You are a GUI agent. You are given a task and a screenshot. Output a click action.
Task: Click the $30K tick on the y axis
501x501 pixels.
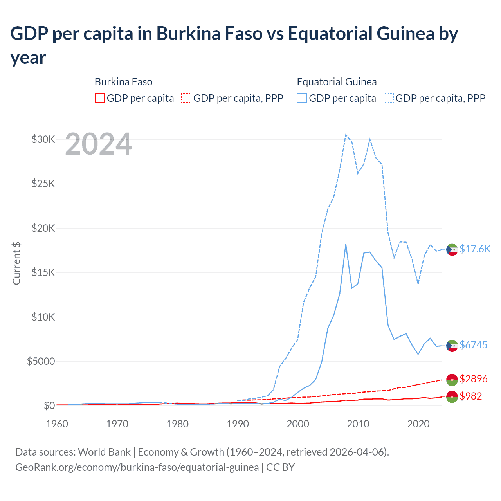pos(43,139)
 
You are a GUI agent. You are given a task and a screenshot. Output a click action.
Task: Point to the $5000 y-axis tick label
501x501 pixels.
pos(41,361)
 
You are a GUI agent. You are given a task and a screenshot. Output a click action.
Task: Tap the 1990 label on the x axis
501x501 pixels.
pos(238,424)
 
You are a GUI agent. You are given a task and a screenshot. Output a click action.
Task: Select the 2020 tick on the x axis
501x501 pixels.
pos(418,424)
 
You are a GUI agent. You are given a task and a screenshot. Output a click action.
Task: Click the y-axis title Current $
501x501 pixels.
pos(16,263)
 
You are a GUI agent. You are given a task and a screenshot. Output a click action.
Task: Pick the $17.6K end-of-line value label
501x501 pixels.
pos(475,249)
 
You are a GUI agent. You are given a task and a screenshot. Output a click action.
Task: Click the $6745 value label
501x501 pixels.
pos(473,345)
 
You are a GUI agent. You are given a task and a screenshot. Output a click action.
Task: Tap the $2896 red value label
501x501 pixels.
pos(473,379)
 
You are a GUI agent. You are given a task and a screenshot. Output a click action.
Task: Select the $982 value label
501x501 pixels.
pos(470,396)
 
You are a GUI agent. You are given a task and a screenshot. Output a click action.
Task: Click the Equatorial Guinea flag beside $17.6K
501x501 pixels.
pos(452,249)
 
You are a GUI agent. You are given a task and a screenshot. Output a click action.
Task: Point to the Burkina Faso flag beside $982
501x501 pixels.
pos(452,396)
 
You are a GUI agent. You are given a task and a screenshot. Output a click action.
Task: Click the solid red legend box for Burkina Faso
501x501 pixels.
pos(100,98)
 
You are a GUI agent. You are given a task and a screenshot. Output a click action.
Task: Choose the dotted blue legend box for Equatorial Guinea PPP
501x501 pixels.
pos(389,98)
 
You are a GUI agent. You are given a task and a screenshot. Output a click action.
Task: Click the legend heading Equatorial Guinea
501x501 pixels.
pos(337,82)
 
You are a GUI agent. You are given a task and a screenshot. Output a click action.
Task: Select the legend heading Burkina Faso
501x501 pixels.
pos(123,82)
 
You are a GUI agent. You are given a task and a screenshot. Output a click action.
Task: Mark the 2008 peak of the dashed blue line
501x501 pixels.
pos(346,135)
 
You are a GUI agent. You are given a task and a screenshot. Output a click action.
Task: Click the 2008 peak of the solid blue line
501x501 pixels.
pos(346,244)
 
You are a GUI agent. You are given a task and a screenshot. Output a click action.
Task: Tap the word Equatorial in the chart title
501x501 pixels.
pos(330,34)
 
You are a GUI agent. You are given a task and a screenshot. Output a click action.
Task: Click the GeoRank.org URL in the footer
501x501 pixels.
pos(137,467)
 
